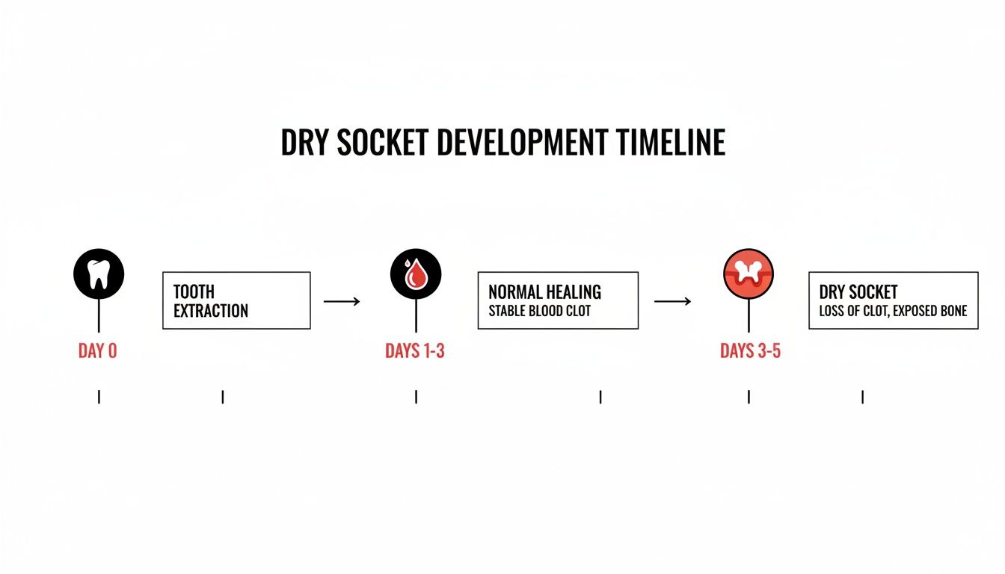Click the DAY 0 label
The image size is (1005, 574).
pos(98,351)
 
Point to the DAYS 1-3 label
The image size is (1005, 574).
pos(415,351)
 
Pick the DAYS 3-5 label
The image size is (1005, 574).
pos(750,351)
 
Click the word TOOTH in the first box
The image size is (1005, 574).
pos(194,291)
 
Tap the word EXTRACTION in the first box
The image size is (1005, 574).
pos(211,311)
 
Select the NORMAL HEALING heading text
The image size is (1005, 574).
pos(544,291)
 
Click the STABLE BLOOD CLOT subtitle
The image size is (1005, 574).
pos(539,311)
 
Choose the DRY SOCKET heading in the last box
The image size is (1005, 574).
pos(858,291)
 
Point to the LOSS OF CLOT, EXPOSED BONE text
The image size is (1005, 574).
pos(893,311)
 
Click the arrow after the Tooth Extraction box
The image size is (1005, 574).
pos(342,301)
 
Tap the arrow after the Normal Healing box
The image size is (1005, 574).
pos(672,301)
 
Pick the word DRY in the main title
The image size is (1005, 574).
pos(304,142)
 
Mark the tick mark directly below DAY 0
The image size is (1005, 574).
pos(99,397)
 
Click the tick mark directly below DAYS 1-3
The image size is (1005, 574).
pos(416,397)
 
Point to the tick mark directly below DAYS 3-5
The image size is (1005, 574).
pos(749,397)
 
